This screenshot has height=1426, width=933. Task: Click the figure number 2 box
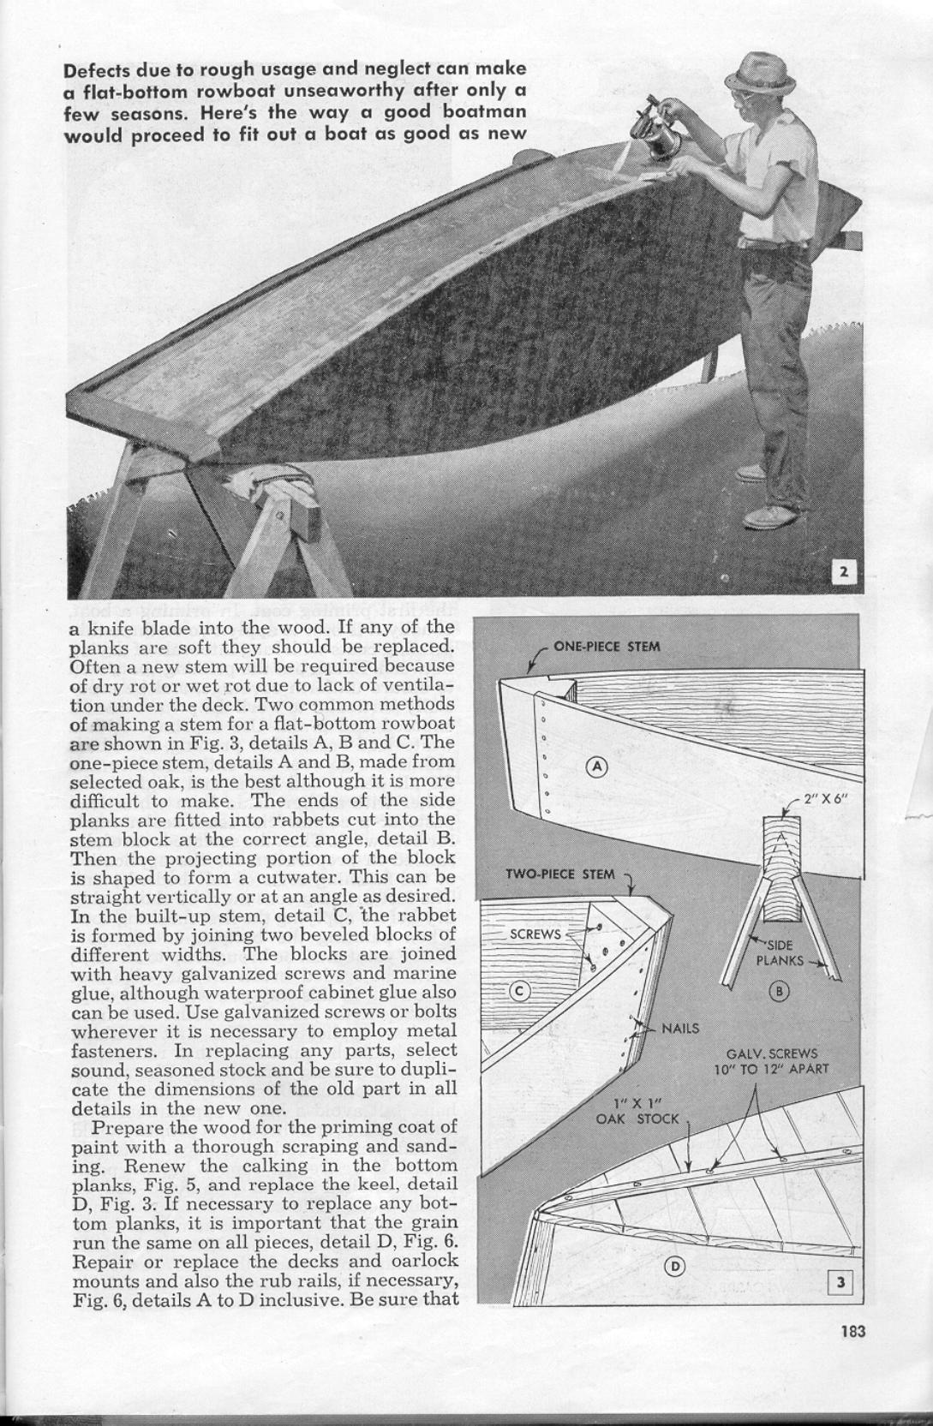844,572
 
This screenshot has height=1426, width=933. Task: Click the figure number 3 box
841,1281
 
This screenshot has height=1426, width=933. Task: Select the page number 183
853,1331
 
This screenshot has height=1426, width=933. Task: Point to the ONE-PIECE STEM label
607,646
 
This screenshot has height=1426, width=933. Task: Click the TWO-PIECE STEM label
560,874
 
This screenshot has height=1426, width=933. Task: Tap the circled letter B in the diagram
779,992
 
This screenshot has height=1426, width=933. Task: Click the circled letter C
520,992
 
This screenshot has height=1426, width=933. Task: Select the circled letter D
675,1267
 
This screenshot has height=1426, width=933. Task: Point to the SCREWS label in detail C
535,934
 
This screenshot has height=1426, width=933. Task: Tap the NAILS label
680,1029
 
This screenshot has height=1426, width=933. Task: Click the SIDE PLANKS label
780,953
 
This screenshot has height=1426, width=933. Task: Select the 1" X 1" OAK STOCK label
638,1110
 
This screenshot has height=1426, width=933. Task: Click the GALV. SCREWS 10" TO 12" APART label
771,1061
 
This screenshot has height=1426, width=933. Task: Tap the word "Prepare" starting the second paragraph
124,1126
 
